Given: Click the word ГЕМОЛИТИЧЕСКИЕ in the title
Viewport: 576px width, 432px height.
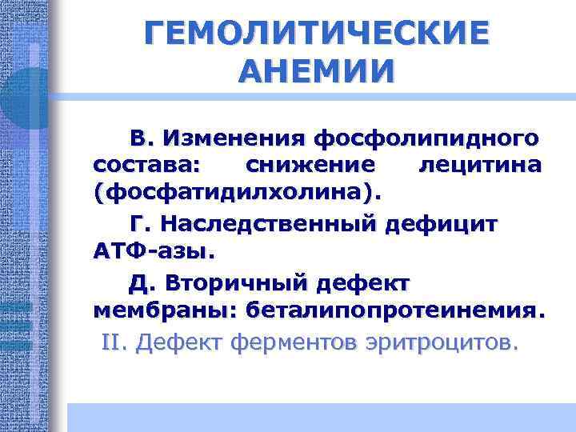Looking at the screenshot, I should coord(316,35).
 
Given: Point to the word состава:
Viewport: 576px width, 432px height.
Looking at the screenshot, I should coord(149,166).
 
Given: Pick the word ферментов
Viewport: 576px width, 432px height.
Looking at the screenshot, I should coord(293,343).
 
